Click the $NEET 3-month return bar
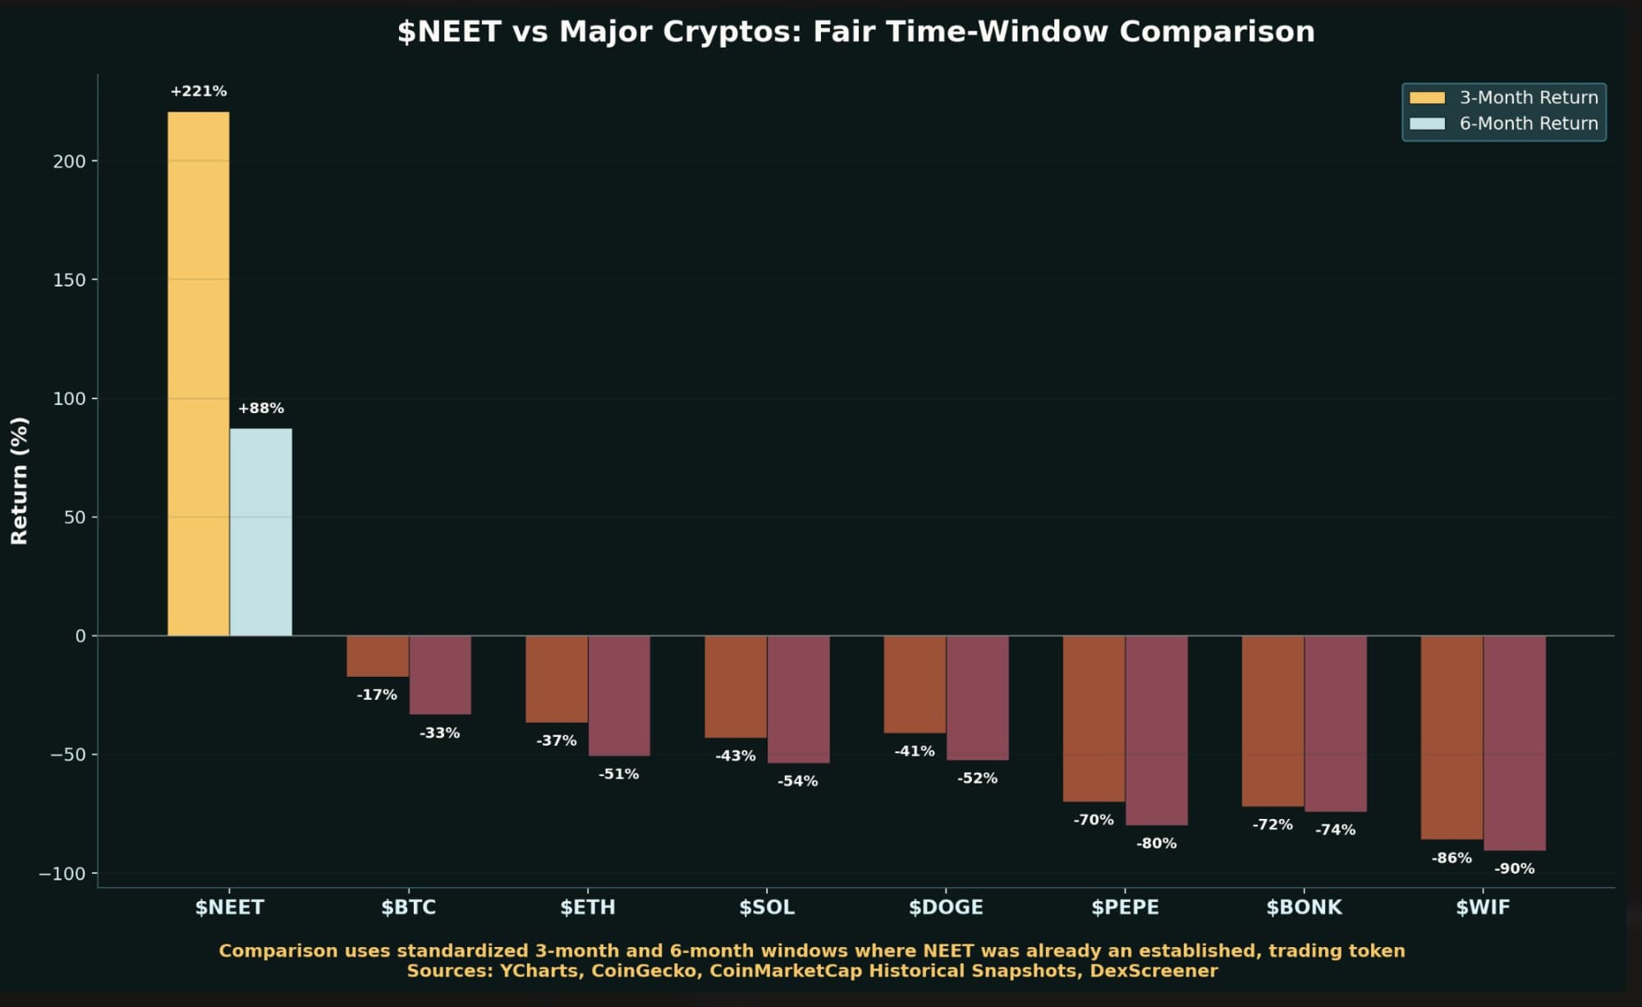(199, 374)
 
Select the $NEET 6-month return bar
(261, 532)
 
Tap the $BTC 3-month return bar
(378, 656)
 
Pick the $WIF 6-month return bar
(1515, 743)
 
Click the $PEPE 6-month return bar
(1156, 730)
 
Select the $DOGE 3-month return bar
(915, 684)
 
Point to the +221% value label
(199, 91)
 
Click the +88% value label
(261, 408)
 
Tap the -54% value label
(798, 781)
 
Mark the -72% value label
(1273, 825)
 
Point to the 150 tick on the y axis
(70, 280)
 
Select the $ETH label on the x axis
(588, 908)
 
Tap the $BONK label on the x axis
(1304, 908)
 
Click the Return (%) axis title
(20, 481)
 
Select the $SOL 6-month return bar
(798, 700)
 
